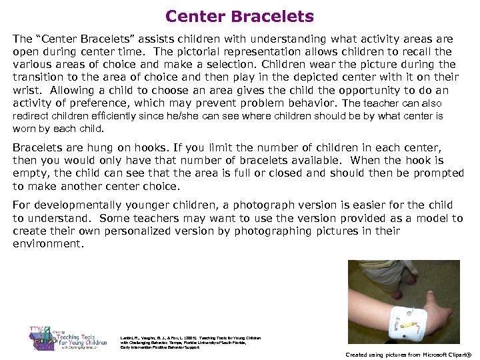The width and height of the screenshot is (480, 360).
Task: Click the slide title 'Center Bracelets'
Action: tap(239, 16)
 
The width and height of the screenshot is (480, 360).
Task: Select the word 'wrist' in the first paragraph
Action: tap(26, 91)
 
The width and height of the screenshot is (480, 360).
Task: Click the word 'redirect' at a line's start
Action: tap(27, 116)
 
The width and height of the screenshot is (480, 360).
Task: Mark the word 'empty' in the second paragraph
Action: tap(29, 173)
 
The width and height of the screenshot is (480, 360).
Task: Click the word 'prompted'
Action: tap(443, 173)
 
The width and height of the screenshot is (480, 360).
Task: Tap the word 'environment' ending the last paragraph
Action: tap(47, 244)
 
